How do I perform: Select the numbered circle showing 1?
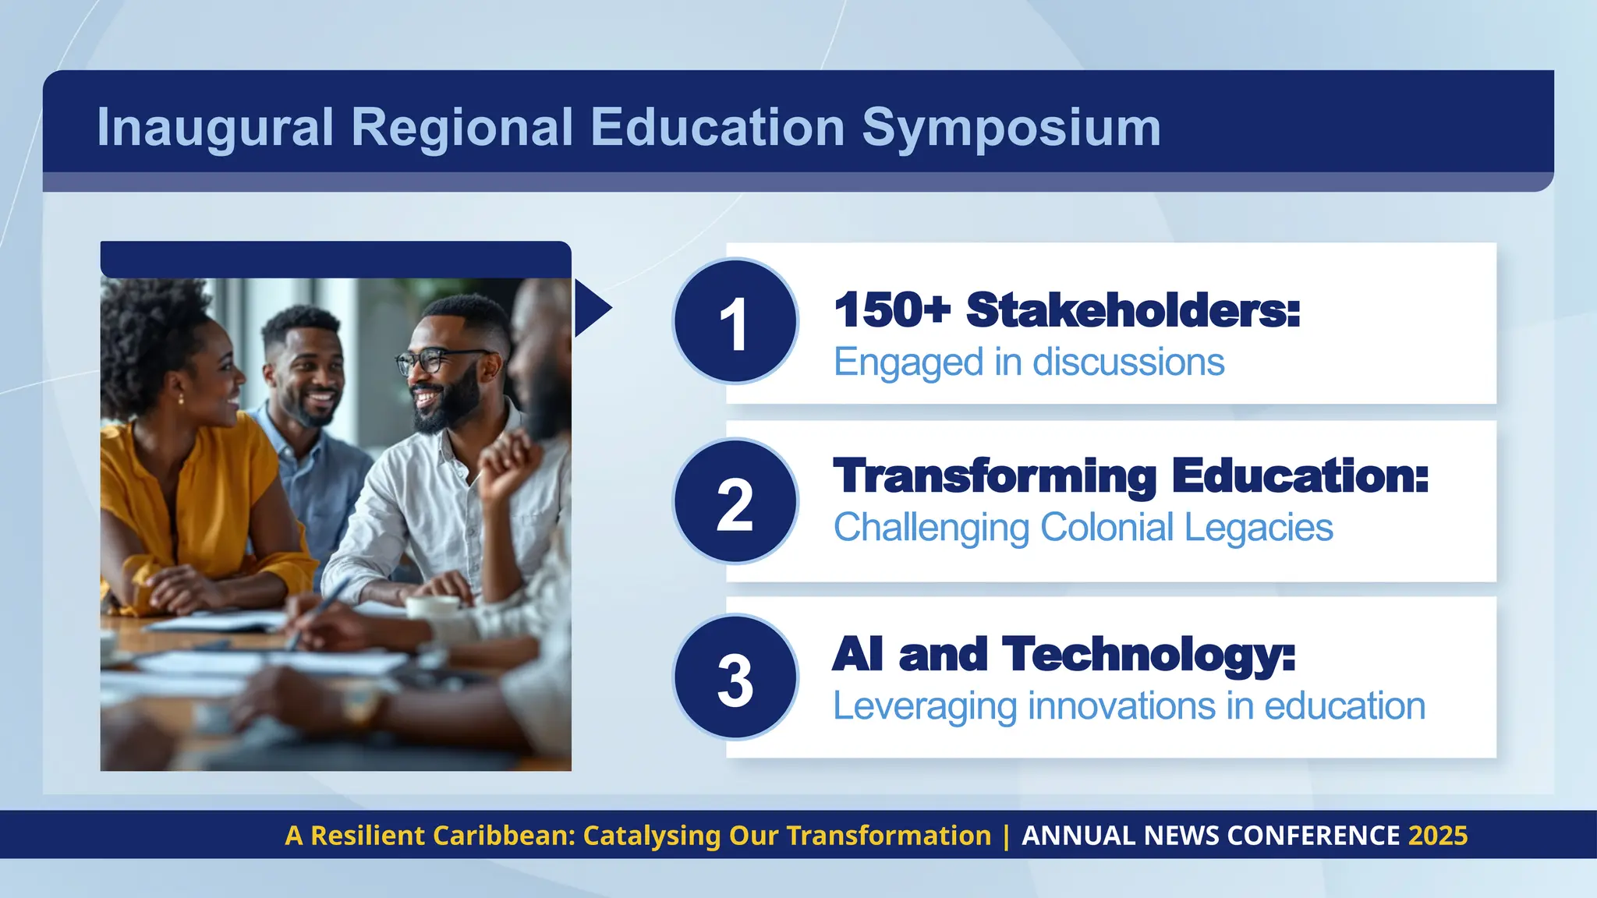[735, 321]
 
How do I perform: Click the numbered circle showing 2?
[735, 501]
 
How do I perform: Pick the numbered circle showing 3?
[735, 677]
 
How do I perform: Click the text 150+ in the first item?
[892, 310]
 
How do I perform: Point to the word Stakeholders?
[1133, 310]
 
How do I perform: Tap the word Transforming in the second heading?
[995, 476]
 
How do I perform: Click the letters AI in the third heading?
[858, 654]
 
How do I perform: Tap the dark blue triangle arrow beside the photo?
[590, 309]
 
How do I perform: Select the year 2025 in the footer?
[1438, 836]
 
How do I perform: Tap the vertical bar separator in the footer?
[1006, 836]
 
